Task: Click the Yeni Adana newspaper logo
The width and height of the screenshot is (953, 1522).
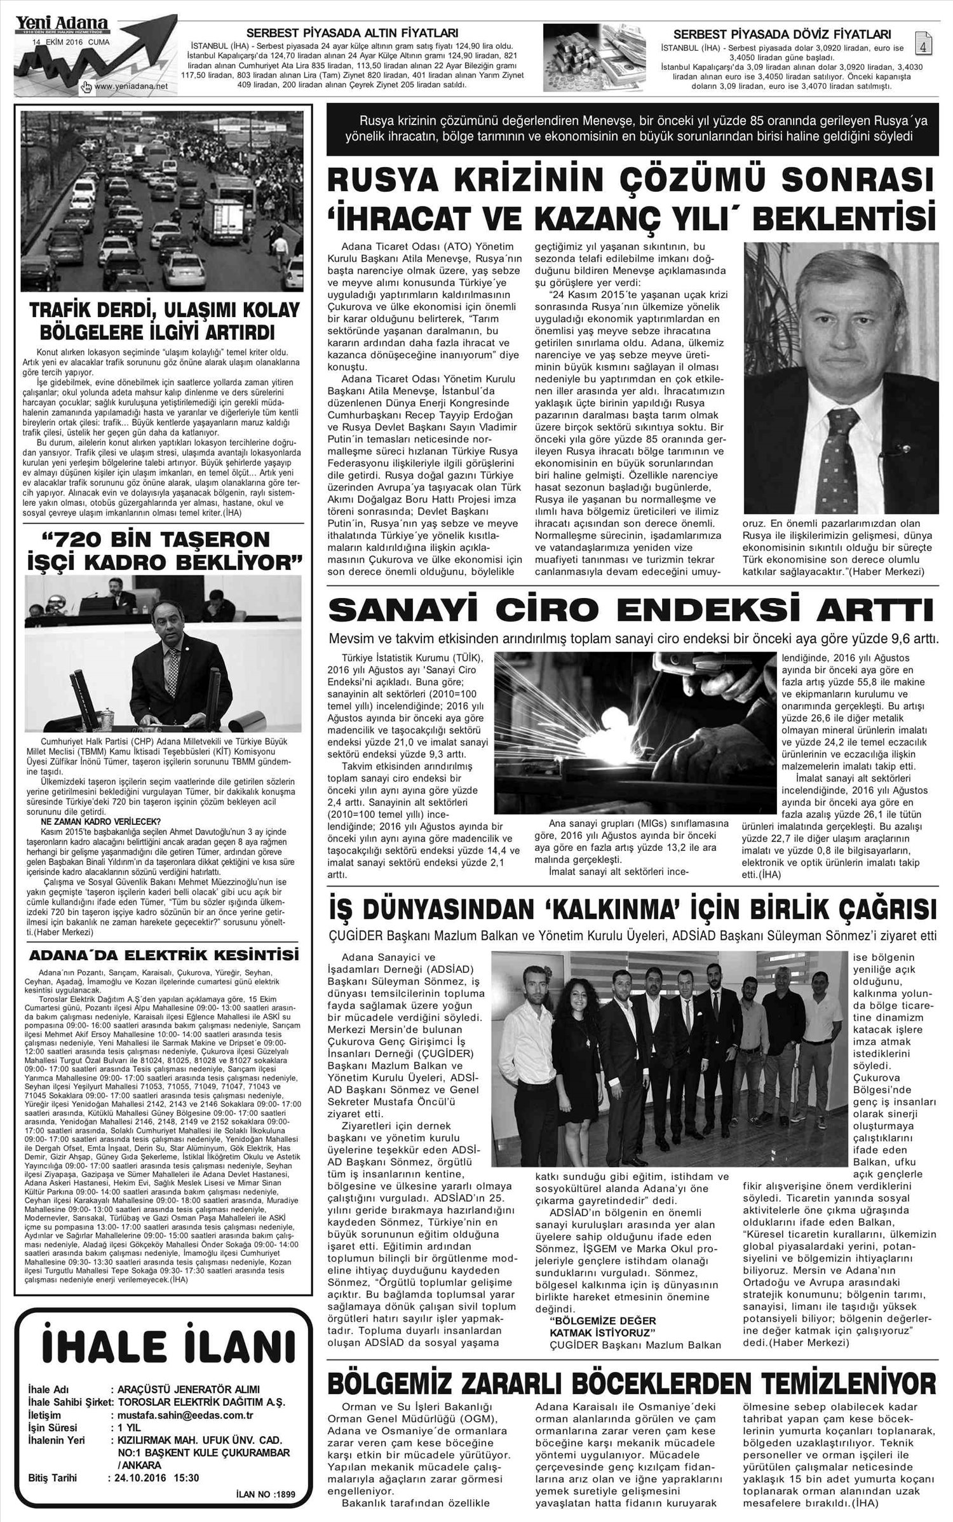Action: (x=61, y=24)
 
